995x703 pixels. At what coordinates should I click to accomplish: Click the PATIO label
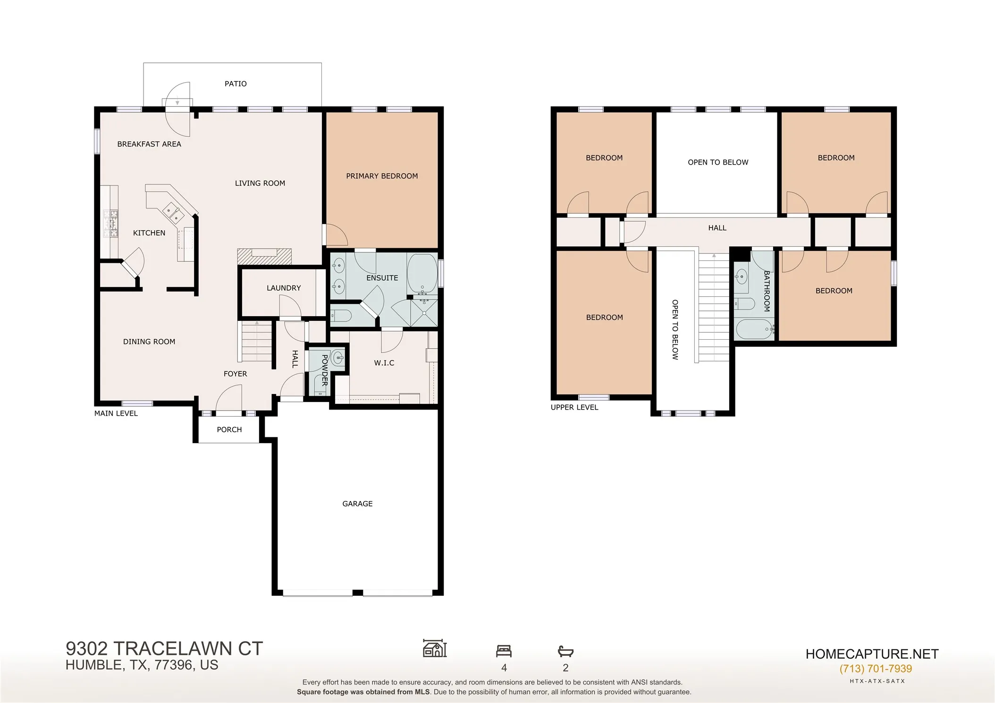[x=236, y=84]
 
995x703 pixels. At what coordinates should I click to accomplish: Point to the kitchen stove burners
[x=111, y=224]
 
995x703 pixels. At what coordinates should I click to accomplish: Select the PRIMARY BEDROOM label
[x=382, y=176]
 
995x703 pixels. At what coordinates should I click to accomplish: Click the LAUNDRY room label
[x=284, y=288]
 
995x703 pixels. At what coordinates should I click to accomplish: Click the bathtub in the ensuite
[x=422, y=274]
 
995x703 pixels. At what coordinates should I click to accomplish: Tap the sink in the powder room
[x=338, y=359]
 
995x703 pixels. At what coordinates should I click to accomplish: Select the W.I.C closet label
[x=384, y=363]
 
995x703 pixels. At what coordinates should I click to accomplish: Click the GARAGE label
[x=357, y=504]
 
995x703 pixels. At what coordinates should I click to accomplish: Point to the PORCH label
[x=229, y=429]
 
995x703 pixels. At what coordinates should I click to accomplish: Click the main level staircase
[x=257, y=341]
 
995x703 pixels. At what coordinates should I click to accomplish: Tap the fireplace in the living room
[x=264, y=256]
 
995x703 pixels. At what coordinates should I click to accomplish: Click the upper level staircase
[x=714, y=307]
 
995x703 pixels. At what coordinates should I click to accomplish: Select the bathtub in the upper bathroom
[x=754, y=329]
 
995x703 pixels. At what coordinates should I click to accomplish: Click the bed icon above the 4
[x=504, y=651]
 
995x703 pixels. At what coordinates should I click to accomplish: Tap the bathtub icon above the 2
[x=565, y=652]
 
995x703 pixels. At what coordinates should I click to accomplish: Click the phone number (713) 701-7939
[x=876, y=669]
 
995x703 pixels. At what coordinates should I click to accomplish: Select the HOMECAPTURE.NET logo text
[x=872, y=654]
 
